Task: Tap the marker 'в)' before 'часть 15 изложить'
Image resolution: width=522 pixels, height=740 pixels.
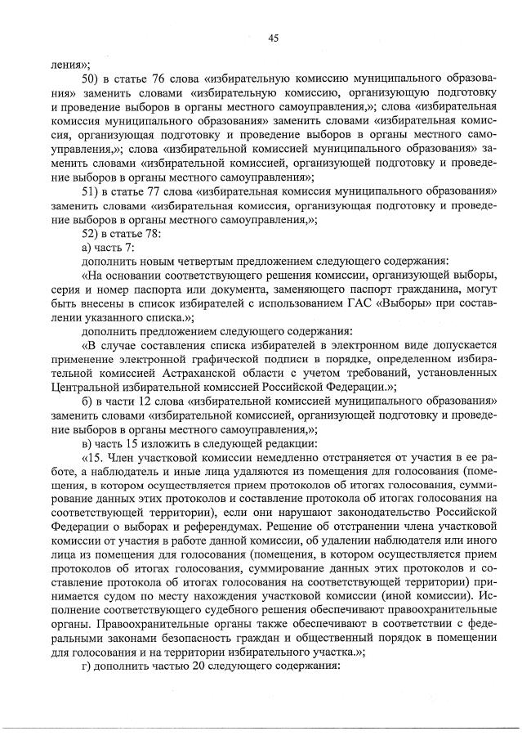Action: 87,444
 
